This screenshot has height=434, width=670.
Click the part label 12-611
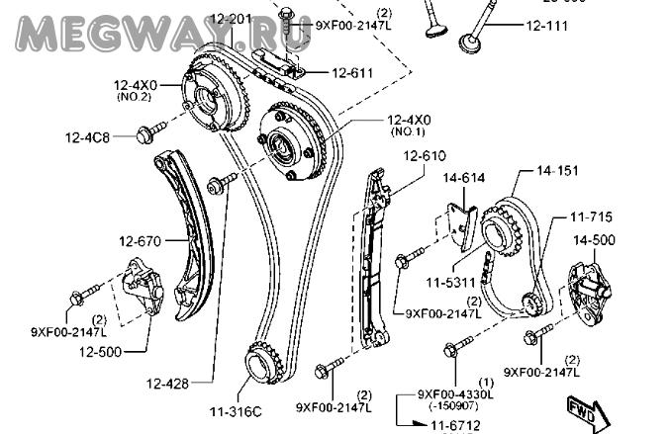(x=352, y=72)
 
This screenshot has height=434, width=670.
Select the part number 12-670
(x=140, y=239)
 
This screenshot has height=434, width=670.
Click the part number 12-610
(x=425, y=155)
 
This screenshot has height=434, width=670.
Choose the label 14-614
(x=463, y=178)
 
